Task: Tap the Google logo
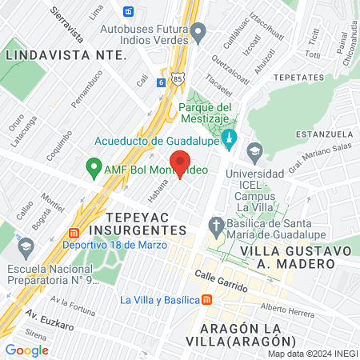26,350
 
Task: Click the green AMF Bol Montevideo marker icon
94,169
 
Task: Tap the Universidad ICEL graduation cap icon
254,150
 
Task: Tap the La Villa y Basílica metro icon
206,300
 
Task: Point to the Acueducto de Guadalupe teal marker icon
230,138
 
